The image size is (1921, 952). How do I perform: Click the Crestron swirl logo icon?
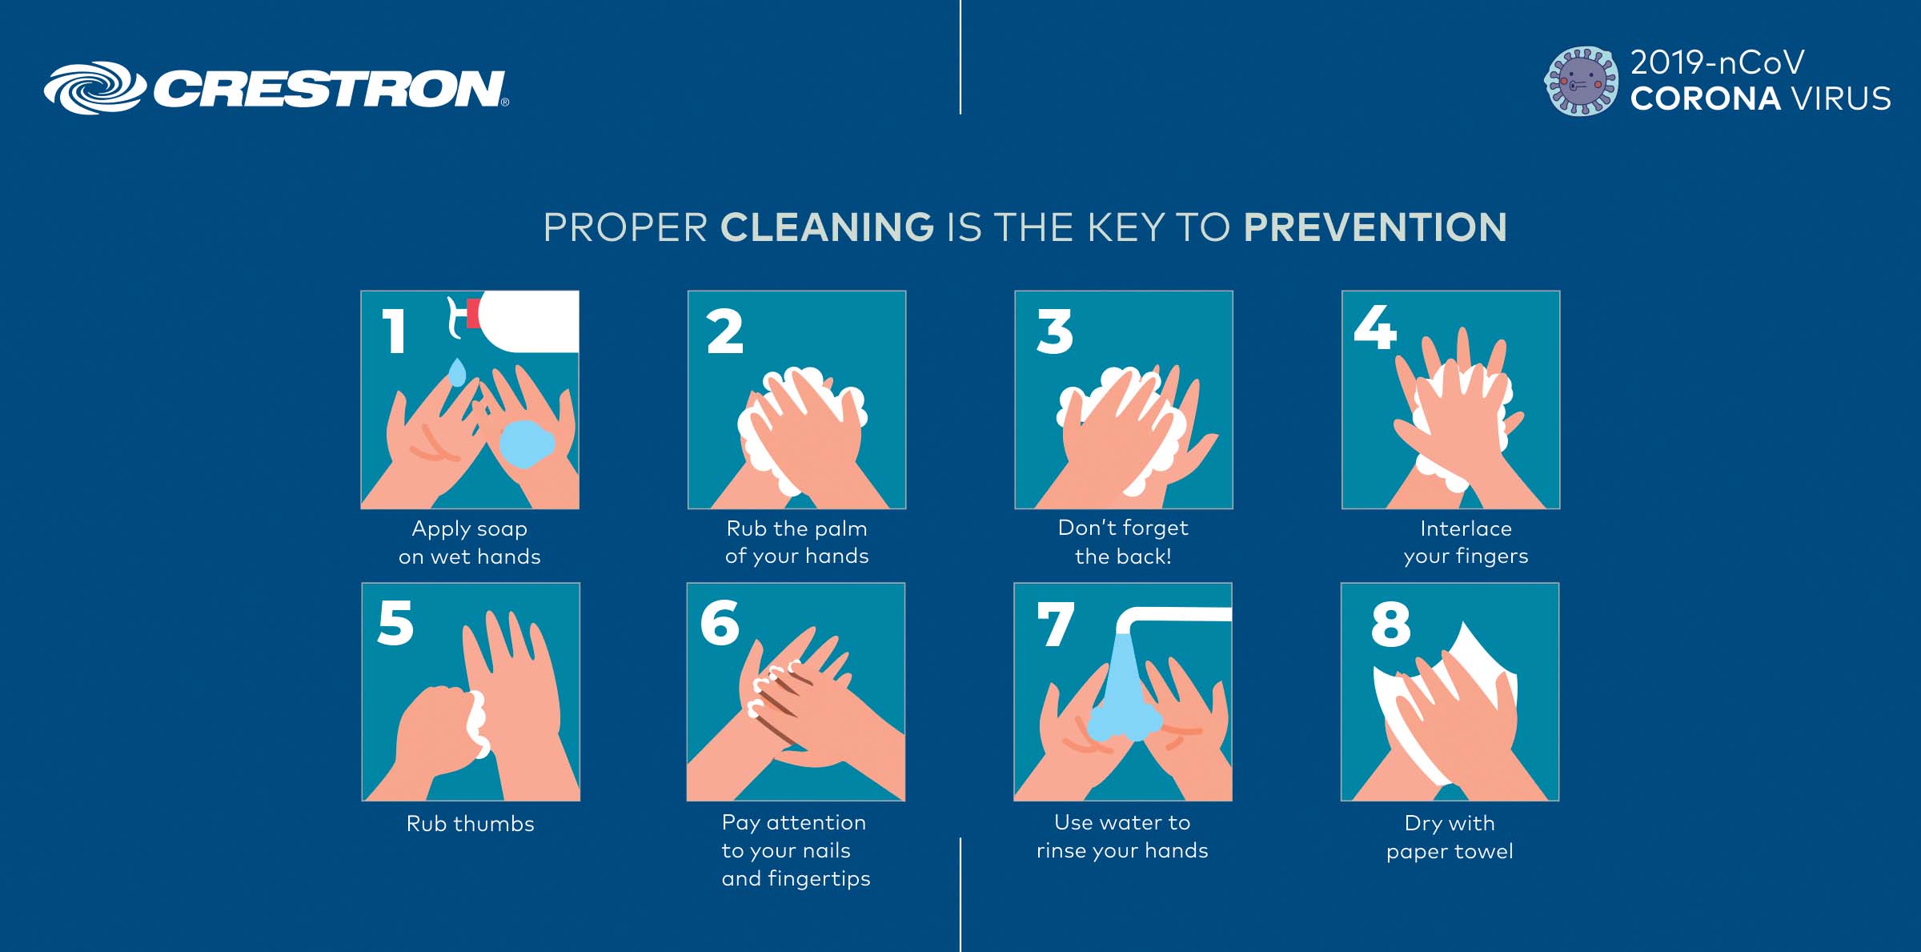94,88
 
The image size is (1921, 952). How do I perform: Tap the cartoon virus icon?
1581,81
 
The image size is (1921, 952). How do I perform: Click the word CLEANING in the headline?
827,227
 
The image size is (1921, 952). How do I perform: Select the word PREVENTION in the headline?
1375,227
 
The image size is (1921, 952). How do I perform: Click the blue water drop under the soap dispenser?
457,372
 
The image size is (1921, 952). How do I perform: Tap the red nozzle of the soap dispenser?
472,313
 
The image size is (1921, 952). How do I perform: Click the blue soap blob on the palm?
527,444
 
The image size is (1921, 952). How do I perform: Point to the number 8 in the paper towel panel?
1390,625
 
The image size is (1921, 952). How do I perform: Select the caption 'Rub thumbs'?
471,824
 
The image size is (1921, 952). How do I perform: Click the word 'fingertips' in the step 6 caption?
819,879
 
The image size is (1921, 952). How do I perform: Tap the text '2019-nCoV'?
1718,62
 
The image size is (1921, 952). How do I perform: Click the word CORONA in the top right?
1706,98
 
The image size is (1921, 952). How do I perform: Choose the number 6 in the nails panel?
720,623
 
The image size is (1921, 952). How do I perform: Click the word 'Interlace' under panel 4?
1466,528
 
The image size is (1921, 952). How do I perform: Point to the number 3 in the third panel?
1054,331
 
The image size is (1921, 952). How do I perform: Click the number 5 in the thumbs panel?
395,623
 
